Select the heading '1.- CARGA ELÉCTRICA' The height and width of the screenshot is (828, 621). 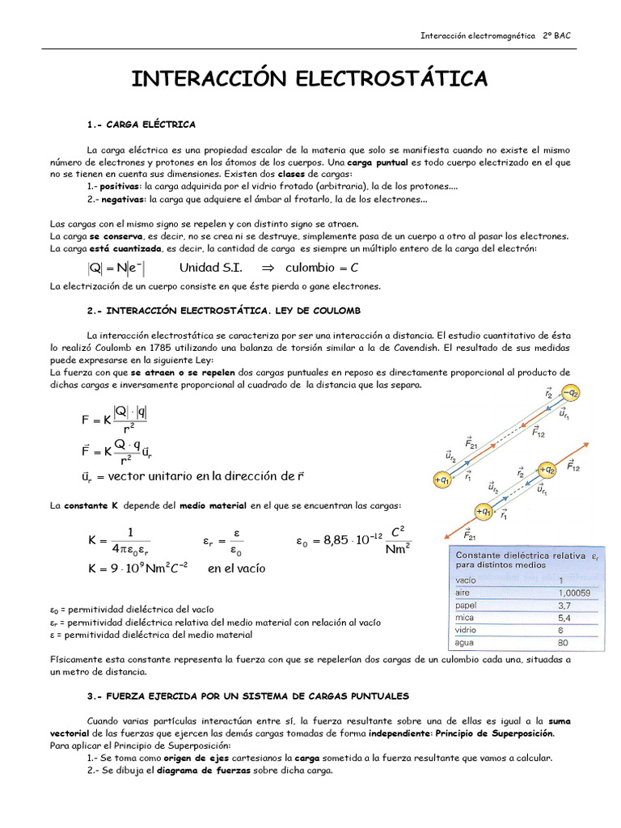(x=142, y=125)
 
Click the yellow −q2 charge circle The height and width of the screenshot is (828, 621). (x=572, y=394)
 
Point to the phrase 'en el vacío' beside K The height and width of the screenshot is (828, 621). (x=236, y=568)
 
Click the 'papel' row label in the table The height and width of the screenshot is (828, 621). (x=467, y=604)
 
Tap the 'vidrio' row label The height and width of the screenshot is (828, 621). (x=467, y=630)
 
